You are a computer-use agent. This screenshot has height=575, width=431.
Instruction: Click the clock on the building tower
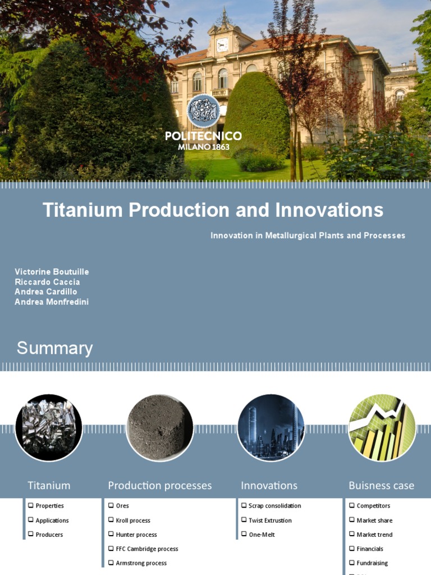pos(222,44)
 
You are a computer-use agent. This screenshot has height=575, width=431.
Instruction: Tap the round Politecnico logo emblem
pos(204,111)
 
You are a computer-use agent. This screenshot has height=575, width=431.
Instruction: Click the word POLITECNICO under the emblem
pos(204,136)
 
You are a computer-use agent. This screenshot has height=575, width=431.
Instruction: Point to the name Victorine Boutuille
pos(52,272)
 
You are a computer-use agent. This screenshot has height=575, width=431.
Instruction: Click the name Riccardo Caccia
pos(47,282)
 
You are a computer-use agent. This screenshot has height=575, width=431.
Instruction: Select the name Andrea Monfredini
pos(52,302)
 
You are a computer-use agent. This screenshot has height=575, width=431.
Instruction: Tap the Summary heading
pos(54,348)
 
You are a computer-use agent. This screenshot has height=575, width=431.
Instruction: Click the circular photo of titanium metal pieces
pos(49,427)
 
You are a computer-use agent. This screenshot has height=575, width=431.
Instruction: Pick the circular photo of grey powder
pos(159,427)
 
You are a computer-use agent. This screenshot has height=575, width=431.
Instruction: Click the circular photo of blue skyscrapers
pos(270,427)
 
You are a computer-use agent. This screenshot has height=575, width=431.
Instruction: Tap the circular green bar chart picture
pos(382,427)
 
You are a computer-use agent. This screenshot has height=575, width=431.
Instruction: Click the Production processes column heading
pos(159,486)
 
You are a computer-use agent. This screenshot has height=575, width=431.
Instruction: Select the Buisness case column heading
pos(381,486)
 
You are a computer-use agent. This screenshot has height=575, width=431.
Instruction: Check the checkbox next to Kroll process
pos(111,520)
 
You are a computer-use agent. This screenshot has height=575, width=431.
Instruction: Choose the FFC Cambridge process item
pos(146,549)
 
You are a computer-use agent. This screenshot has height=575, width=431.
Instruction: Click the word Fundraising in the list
pos(372,563)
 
